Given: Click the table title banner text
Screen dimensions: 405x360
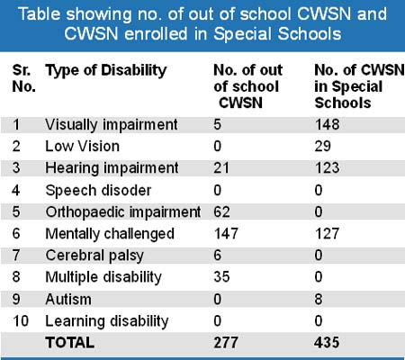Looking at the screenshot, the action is coord(202,24).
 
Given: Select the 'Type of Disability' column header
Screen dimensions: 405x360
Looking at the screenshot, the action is coord(106,71).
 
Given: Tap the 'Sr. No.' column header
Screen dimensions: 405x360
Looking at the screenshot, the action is coord(24,78).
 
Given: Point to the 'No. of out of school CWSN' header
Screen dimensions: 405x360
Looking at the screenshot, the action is coord(247,86).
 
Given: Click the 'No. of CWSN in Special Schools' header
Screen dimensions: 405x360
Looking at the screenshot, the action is coord(359,86).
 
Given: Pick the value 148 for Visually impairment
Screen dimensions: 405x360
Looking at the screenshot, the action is coord(327,124).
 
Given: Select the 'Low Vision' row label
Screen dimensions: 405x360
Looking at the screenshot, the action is coord(82,147).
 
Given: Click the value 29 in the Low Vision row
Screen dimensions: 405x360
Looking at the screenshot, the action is coord(322,147).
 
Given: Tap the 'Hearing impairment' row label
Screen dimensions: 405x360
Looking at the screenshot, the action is coord(112,168).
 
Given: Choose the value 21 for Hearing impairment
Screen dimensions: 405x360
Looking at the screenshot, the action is coord(221,168).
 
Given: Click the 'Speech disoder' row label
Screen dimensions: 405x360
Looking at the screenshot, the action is coord(98,191).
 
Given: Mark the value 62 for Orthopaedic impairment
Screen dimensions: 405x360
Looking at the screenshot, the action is coord(221,212).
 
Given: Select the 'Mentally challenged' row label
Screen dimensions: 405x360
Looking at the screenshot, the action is coord(110,234).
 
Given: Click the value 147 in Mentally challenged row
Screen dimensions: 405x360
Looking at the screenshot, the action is coord(226,234).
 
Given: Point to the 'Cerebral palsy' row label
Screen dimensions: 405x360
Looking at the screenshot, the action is coord(94,256).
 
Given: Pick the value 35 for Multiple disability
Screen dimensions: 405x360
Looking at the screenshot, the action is coord(221,277).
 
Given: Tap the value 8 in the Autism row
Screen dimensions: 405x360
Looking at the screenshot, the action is coord(319,299).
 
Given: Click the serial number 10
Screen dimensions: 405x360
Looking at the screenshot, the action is coord(21,321).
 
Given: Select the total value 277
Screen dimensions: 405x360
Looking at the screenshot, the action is coord(226,343).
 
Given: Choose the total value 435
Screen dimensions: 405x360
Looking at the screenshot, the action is coord(327,343).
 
